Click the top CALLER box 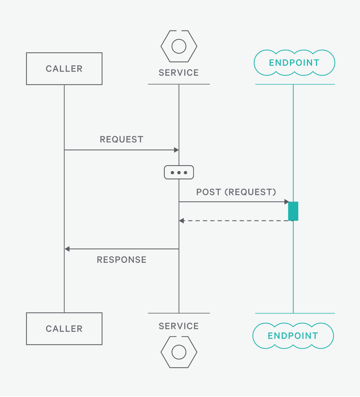click(x=64, y=69)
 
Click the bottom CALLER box click(x=64, y=329)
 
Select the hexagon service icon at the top click(x=179, y=46)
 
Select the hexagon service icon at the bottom click(x=179, y=352)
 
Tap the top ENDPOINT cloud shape click(x=294, y=63)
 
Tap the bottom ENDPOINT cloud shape click(x=293, y=336)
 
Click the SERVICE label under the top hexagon click(x=179, y=73)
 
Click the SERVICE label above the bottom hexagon click(x=179, y=326)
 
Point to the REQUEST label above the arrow click(x=121, y=140)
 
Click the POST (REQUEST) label click(x=236, y=192)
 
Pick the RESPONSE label click(x=121, y=260)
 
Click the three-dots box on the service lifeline click(x=179, y=172)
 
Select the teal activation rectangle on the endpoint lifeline click(x=293, y=211)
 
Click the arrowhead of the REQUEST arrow click(x=176, y=150)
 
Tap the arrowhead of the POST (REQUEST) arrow click(x=287, y=202)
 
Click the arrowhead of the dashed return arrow click(x=181, y=221)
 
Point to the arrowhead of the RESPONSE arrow click(x=67, y=249)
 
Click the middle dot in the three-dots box click(x=179, y=173)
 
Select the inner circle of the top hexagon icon click(x=179, y=46)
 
